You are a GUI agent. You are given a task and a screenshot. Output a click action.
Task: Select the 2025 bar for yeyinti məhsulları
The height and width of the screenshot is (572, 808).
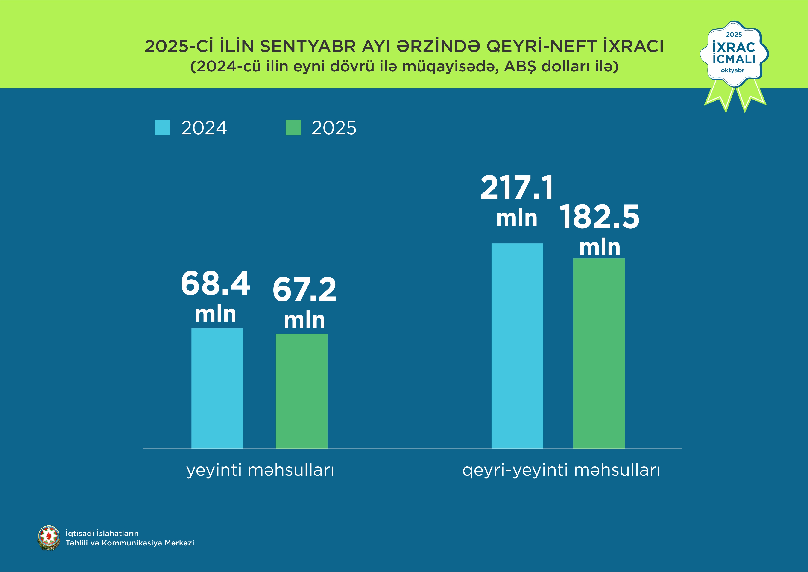pos(301,391)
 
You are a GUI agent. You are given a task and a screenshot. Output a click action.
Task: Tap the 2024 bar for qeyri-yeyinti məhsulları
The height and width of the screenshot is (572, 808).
pos(517,346)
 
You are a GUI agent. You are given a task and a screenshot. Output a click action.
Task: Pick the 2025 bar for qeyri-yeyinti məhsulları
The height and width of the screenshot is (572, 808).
pos(599,353)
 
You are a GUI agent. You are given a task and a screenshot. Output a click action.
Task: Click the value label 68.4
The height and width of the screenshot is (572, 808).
pos(215,283)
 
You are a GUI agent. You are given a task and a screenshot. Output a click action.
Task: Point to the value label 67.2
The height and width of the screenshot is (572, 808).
pos(304,290)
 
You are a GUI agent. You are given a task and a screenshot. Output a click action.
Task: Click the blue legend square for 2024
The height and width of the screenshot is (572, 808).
pos(162,127)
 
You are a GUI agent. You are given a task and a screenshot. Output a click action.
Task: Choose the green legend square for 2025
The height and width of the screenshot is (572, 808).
pos(293,127)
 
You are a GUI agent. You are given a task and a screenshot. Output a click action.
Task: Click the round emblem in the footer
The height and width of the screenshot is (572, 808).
pos(49,538)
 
